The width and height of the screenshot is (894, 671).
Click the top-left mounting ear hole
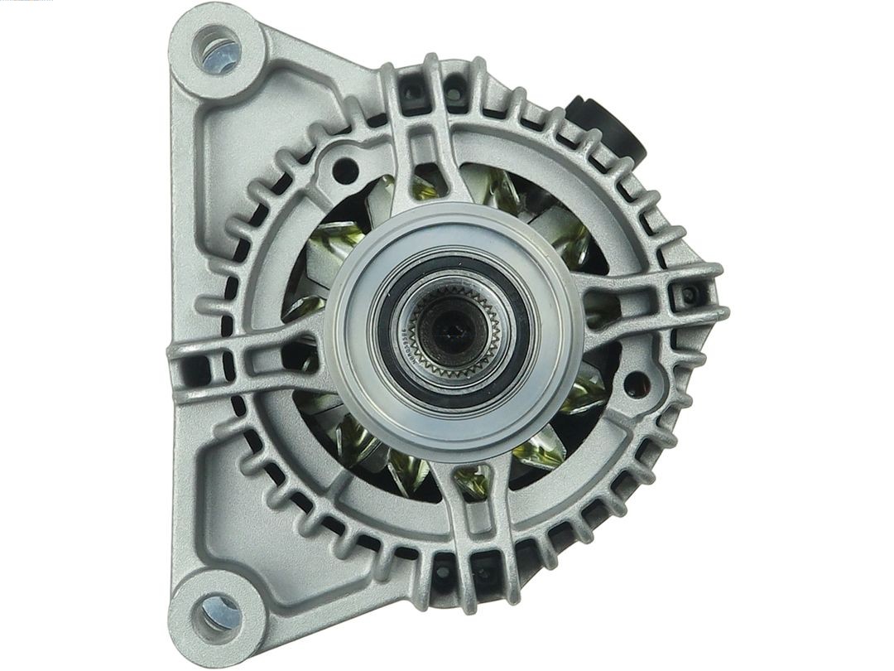pos(217,49)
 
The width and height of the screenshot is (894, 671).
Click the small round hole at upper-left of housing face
pos(346,170)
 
